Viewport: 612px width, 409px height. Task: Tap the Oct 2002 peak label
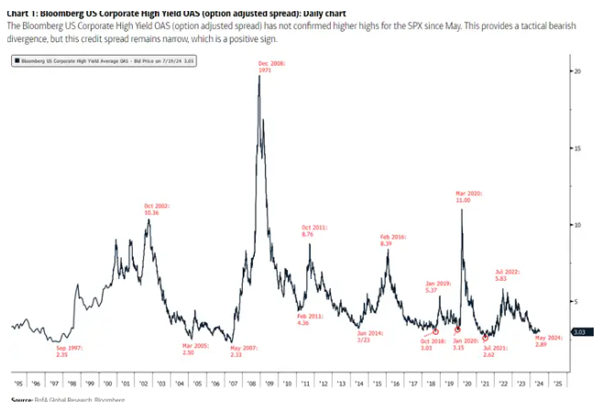pos(158,210)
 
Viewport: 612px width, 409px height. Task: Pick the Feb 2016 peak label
pos(393,240)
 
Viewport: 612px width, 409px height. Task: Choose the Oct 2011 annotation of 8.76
pos(314,231)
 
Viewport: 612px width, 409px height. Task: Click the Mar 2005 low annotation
pos(196,349)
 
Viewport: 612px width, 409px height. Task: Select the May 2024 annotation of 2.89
pos(548,342)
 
